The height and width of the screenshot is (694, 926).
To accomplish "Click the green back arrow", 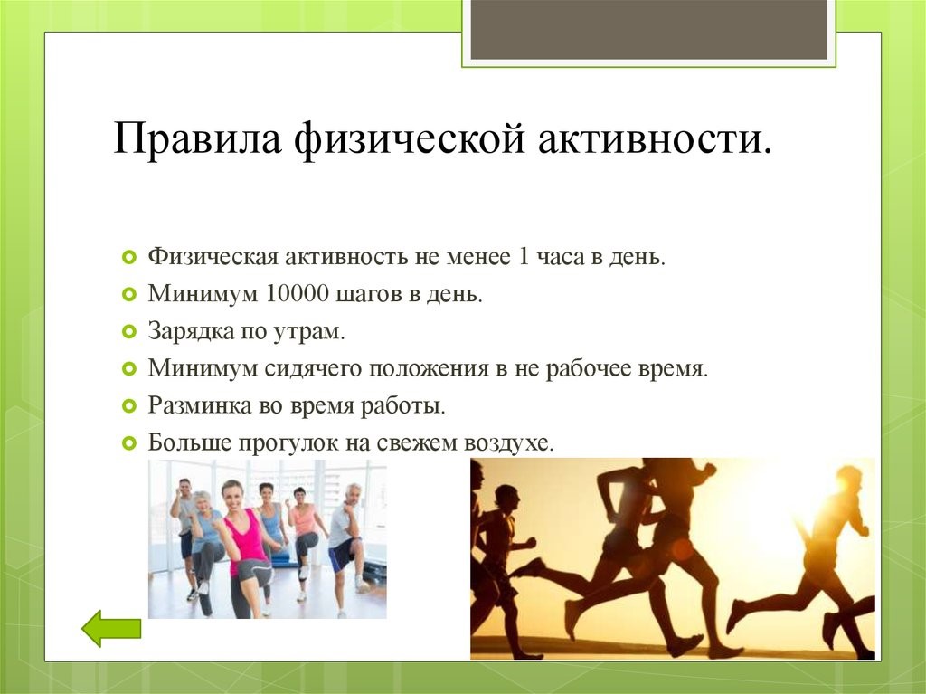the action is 111,628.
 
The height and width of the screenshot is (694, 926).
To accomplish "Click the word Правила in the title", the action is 197,139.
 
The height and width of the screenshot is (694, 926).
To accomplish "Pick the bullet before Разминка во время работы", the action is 128,406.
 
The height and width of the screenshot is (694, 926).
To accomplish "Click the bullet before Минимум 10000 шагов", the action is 128,294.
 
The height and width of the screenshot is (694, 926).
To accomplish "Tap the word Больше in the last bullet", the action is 190,442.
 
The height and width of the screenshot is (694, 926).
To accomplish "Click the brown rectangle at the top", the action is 648,30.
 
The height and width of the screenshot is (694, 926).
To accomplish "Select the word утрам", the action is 308,333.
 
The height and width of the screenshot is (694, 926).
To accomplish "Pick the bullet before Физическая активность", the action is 128,257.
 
